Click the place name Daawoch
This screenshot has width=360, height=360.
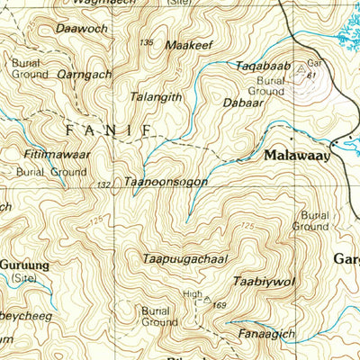coord(82,29)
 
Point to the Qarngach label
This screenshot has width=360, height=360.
coord(84,74)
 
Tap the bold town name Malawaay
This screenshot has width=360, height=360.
coord(297,155)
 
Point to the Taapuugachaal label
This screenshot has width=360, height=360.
coord(184,259)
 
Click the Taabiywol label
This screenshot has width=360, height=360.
coord(264,281)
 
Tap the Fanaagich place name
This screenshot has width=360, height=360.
coord(266,334)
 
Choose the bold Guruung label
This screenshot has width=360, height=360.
coord(24,265)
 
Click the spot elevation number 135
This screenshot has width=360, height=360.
coord(147,42)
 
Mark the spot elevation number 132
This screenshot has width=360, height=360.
coord(104,184)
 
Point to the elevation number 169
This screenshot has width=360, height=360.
coord(219,307)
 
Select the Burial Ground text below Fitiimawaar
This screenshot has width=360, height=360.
coord(51,171)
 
